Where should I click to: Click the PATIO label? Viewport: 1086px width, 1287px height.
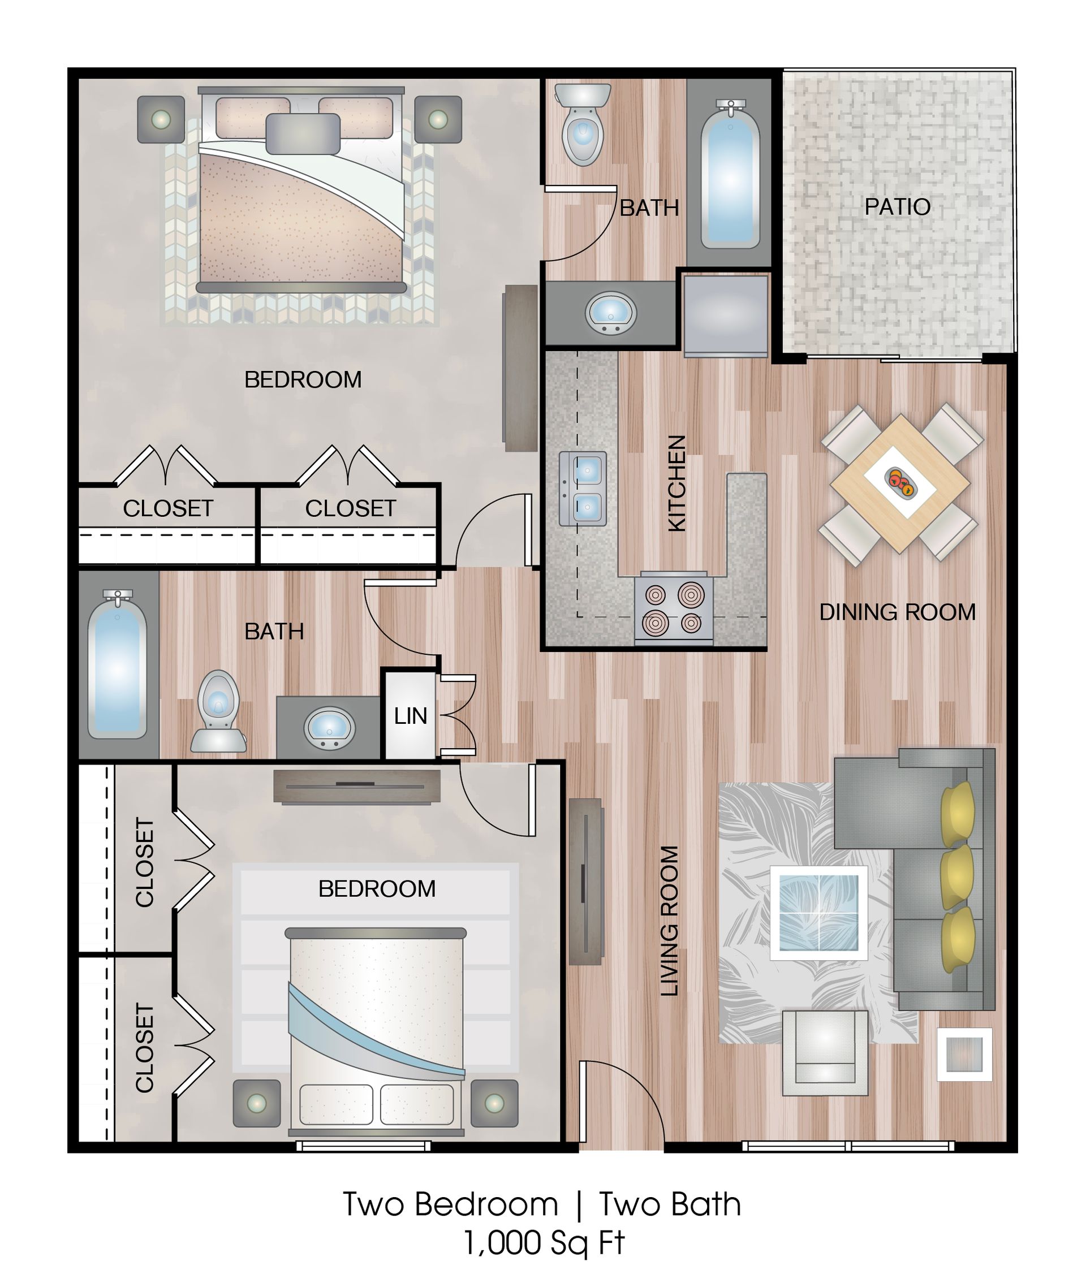(x=897, y=207)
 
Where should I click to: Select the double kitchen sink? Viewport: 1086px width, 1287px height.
(x=583, y=489)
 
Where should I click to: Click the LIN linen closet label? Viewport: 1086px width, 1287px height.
(x=410, y=716)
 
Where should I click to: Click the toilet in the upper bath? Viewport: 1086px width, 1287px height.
(x=583, y=125)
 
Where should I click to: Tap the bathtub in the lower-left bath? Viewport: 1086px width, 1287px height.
(x=117, y=666)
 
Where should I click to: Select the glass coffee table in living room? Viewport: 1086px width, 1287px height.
(x=819, y=913)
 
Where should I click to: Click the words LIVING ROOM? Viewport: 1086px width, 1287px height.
(x=669, y=921)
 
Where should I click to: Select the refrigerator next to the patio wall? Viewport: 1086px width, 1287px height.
(x=726, y=316)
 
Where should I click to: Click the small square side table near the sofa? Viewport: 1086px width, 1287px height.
(x=964, y=1055)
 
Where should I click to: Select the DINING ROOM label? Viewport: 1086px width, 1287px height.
(x=897, y=612)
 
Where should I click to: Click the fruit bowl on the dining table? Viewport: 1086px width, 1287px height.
(x=900, y=481)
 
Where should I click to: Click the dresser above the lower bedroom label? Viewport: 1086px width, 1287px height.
(x=356, y=787)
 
